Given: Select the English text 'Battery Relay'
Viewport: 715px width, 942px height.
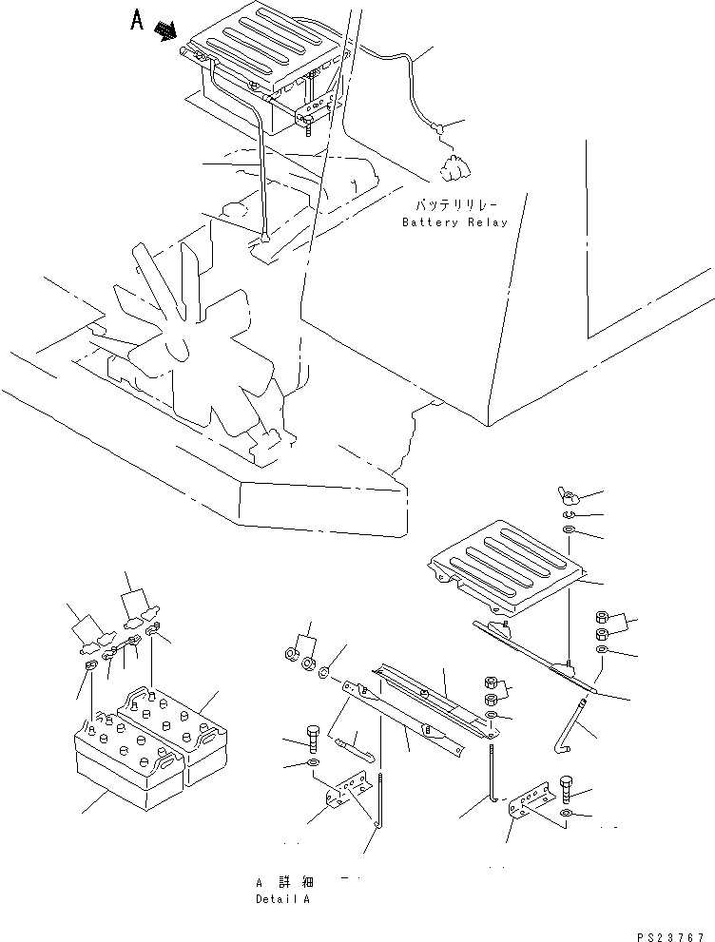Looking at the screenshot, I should tap(454, 222).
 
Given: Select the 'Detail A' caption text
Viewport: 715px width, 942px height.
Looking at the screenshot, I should tap(282, 898).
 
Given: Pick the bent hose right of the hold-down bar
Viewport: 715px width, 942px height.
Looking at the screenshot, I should tap(575, 728).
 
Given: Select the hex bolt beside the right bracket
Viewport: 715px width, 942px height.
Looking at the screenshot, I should tap(567, 788).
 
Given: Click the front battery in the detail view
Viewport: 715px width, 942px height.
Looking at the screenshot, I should tap(129, 763).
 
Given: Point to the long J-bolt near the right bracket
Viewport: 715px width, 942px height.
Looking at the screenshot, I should tap(493, 776).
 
